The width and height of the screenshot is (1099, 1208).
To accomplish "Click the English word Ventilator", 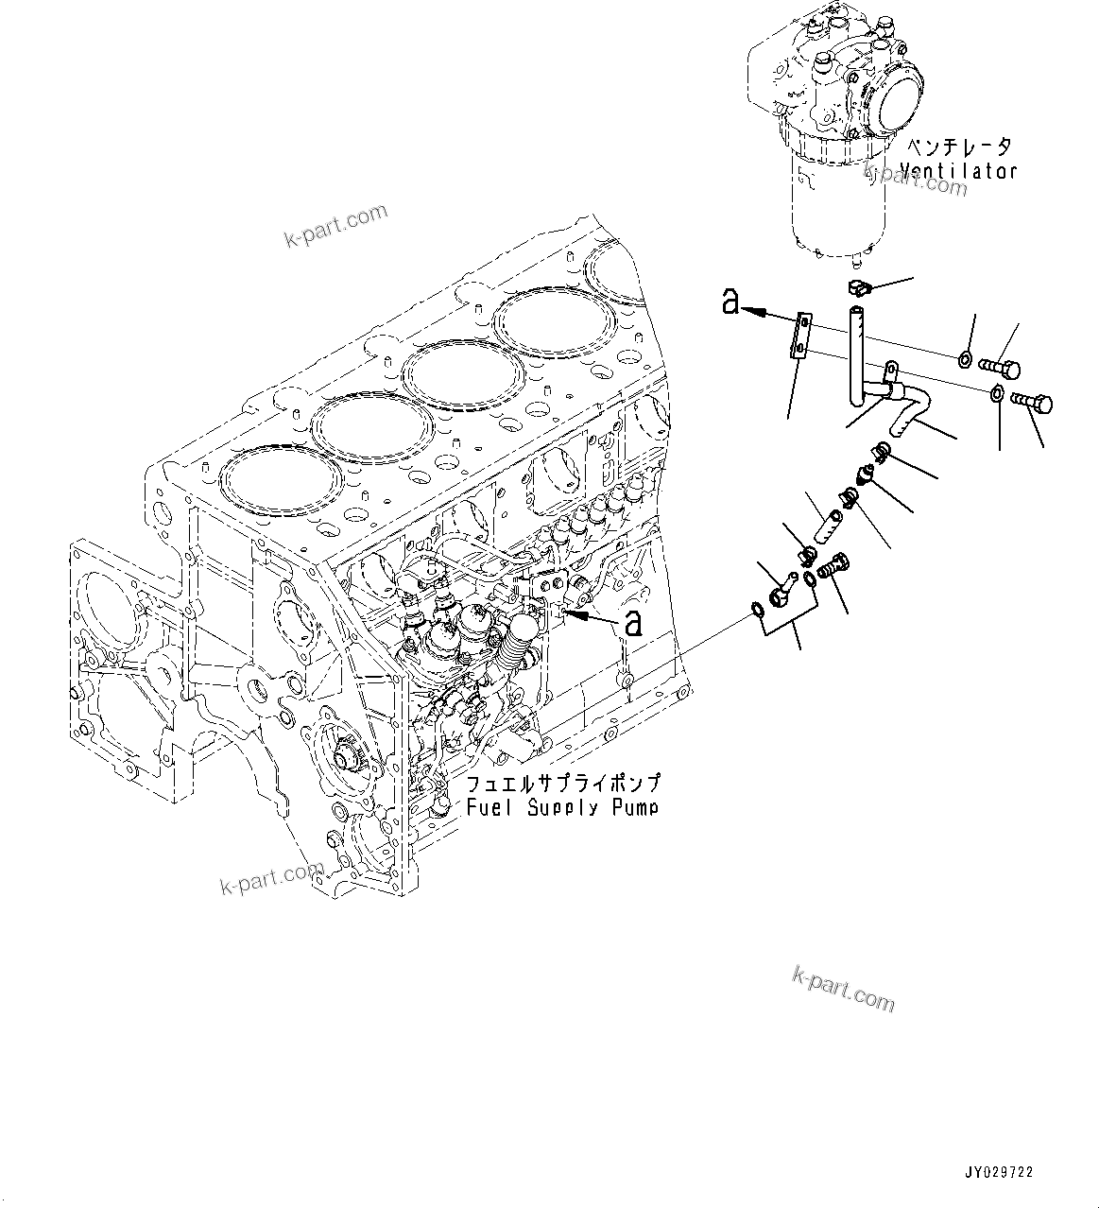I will [x=958, y=171].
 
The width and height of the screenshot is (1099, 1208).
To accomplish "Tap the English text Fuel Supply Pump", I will [x=562, y=807].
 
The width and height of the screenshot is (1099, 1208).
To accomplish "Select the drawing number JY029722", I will [x=999, y=1171].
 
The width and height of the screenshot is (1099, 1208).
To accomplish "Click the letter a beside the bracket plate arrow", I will [x=730, y=302].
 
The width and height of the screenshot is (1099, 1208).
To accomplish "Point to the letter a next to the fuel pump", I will [x=632, y=623].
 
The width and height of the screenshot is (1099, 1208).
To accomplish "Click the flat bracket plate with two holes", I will [x=800, y=336].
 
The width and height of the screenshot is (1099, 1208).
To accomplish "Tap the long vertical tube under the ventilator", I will [x=858, y=350].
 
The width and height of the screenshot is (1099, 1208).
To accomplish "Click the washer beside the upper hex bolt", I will [x=964, y=358].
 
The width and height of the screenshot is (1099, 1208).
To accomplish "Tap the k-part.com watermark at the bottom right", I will [x=843, y=988].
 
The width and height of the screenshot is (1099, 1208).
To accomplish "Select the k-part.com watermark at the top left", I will [x=335, y=225].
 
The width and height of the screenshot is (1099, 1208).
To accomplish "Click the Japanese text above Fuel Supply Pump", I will [x=562, y=785].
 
